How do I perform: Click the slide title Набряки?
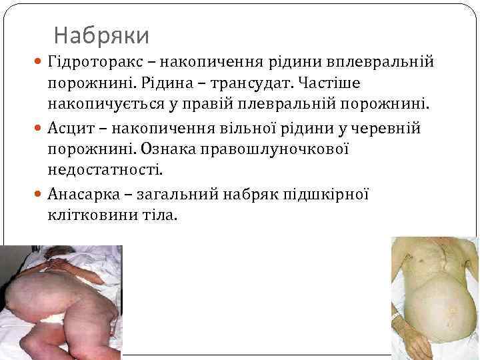tap(101, 34)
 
